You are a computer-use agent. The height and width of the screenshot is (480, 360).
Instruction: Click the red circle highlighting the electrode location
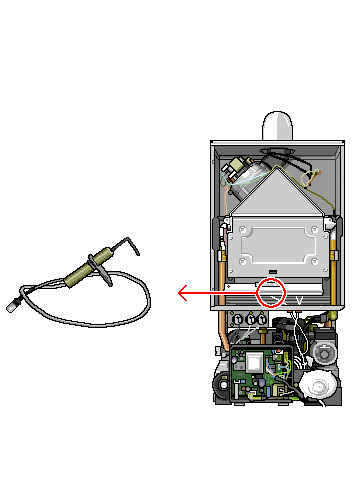point(271,292)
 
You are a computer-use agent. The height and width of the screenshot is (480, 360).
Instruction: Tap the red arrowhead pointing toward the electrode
point(181,293)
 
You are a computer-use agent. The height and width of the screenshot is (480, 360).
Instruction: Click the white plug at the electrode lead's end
point(12,301)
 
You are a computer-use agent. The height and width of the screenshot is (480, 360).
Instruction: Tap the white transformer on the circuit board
point(256,361)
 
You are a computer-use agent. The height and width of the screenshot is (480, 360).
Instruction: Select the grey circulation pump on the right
point(324,351)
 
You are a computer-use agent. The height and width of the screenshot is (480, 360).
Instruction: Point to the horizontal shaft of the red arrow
point(225,293)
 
